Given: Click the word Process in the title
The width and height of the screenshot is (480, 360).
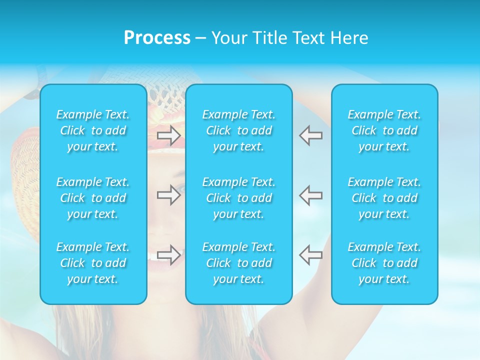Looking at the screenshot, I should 157,38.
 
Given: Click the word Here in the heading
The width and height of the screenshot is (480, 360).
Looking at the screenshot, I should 348,38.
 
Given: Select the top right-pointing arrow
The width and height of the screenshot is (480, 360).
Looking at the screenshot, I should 168,135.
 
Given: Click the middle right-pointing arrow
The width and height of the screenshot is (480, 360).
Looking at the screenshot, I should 168,195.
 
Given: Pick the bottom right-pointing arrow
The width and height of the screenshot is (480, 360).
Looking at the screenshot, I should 168,254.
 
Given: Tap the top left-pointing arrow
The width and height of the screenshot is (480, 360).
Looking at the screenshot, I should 310,135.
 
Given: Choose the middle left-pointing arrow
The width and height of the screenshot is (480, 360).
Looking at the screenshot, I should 310,195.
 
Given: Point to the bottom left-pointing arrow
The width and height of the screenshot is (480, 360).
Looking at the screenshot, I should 310,254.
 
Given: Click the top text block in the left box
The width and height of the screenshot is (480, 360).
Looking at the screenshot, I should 93,130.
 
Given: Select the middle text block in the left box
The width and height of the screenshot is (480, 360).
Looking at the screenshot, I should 93,198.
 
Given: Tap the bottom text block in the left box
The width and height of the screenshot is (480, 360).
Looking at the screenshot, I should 93,263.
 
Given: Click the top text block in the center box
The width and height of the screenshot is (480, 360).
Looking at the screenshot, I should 239,130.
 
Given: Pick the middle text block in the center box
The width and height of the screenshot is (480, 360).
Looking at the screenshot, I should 239,198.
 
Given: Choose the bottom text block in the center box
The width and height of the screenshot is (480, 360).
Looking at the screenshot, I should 239,263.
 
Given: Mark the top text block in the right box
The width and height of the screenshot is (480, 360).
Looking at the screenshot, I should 384,130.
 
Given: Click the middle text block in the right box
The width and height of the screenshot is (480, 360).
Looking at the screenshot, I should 384,198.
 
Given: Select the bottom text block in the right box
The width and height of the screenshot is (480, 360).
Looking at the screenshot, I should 384,263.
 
